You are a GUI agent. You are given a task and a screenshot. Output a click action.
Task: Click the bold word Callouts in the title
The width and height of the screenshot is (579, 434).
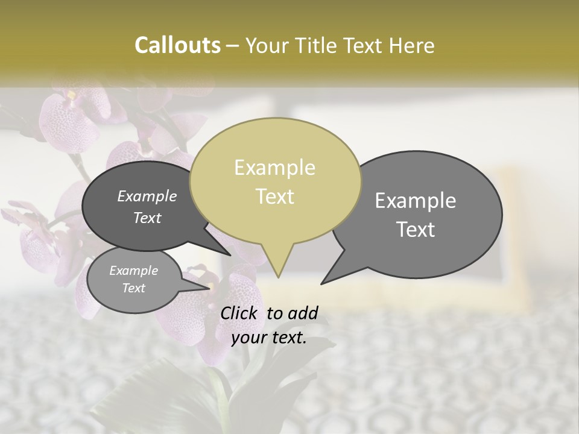(x=177, y=45)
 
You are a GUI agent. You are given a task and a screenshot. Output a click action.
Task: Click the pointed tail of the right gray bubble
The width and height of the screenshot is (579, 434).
(x=323, y=283)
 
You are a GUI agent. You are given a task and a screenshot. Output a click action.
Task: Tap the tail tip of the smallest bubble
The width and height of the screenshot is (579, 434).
(x=209, y=289)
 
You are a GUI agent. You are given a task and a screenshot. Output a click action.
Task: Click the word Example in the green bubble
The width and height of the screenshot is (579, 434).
(x=274, y=167)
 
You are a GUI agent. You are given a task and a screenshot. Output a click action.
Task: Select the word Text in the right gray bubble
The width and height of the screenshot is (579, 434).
(x=416, y=230)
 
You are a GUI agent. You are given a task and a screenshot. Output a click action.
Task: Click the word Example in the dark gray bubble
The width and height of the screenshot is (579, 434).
(x=147, y=196)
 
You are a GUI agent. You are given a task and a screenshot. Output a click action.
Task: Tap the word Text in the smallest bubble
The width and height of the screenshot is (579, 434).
(x=133, y=288)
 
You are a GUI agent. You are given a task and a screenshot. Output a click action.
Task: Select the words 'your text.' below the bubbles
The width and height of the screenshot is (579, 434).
(x=269, y=338)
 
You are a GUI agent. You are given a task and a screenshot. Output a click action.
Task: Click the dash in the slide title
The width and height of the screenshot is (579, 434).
(x=233, y=45)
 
